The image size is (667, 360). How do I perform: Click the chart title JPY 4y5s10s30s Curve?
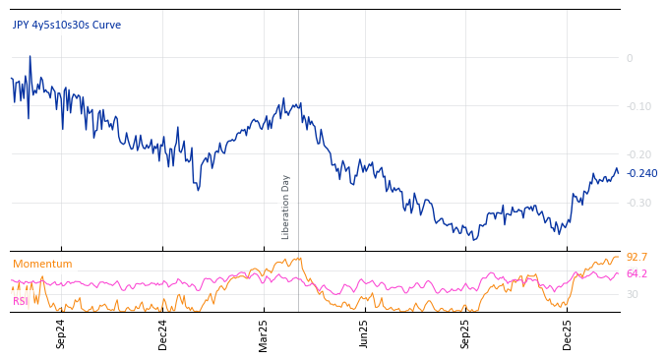[x=67, y=25]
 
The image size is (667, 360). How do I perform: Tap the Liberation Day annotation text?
[x=286, y=207]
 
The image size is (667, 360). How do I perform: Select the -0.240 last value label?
[x=641, y=174]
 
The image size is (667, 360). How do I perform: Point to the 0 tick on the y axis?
[x=630, y=58]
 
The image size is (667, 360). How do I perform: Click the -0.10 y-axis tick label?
[x=638, y=106]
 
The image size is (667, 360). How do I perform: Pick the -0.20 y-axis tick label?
[x=638, y=154]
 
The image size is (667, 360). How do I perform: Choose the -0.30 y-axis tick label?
[x=638, y=203]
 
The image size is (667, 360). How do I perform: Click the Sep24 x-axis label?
[x=61, y=333]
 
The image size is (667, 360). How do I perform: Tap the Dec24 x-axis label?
[x=163, y=333]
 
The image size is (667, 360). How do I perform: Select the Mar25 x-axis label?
[x=264, y=333]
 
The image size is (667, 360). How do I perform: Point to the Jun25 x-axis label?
[x=364, y=333]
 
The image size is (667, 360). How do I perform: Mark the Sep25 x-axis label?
[x=465, y=333]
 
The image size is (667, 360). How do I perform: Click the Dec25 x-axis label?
[x=568, y=333]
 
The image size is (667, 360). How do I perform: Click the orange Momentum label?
[x=42, y=264]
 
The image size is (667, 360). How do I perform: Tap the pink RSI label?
[x=21, y=301]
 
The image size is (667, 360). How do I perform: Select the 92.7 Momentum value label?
[x=637, y=258]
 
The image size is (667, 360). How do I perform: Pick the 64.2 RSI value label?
[x=637, y=273]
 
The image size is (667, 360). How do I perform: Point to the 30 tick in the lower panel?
[x=633, y=294]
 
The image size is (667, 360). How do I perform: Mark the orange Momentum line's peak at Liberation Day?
[x=297, y=259]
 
